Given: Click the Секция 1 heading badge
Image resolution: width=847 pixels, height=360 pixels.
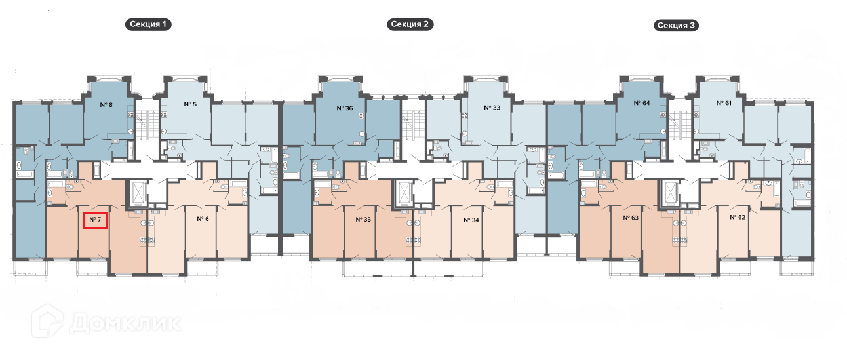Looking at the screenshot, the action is [149, 25].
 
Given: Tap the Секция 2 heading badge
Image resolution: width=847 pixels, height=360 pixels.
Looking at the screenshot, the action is [411, 25].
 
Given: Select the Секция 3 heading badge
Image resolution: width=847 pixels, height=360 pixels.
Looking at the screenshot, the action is [676, 26].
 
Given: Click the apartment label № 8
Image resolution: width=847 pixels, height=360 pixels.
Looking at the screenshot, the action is [106, 105].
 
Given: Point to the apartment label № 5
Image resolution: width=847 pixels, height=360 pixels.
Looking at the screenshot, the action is [191, 104].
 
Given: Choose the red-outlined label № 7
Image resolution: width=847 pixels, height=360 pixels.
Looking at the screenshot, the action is [95, 219].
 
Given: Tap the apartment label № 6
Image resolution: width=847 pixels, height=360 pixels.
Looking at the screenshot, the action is [203, 219].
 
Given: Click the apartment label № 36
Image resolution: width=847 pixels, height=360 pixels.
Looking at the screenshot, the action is [345, 108].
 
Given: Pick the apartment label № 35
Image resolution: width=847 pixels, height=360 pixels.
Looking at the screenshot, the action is [363, 220].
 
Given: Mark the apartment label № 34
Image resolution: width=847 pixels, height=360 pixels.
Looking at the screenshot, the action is [471, 220].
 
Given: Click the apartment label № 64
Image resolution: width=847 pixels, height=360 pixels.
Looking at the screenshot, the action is [641, 104].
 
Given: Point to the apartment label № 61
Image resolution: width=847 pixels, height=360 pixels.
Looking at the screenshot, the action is [724, 104].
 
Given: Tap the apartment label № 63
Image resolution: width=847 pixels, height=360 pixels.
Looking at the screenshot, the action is [631, 217].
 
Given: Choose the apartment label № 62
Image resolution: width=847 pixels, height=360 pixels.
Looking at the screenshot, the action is [739, 217].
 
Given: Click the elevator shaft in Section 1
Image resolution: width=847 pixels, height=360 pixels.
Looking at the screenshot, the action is [140, 192].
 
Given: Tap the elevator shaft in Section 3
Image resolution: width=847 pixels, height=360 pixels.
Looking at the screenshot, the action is [671, 192].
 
